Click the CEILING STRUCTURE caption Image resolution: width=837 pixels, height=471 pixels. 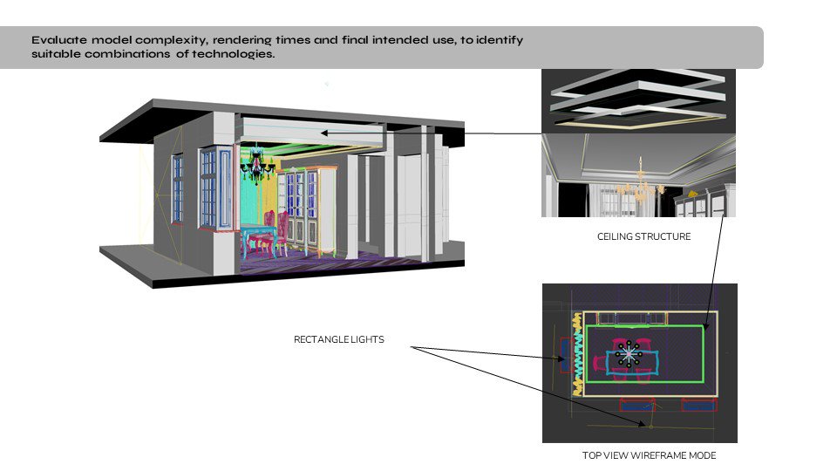643,236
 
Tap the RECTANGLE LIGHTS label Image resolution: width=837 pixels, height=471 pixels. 339,339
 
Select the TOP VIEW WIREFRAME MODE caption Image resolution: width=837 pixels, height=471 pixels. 649,455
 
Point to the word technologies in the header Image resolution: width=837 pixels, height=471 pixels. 234,54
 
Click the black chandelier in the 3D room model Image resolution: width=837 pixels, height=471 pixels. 256,165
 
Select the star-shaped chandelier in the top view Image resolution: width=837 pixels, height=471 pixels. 629,353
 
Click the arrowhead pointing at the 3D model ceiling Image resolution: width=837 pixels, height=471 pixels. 324,133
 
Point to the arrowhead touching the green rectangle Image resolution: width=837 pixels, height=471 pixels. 705,326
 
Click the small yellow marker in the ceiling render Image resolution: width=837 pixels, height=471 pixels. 692,194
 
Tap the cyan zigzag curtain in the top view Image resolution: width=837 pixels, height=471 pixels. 577,354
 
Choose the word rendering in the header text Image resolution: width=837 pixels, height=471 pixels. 242,41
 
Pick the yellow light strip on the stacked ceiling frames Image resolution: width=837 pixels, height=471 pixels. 641,122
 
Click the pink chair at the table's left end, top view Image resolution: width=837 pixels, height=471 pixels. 600,363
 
